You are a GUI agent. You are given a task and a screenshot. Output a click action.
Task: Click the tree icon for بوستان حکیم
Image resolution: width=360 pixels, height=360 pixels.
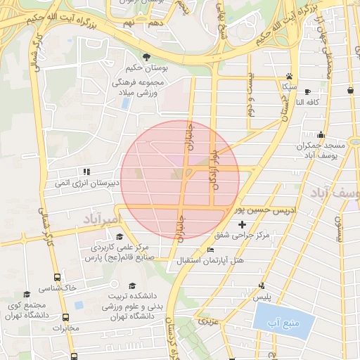pyautogui.click(x=146, y=56)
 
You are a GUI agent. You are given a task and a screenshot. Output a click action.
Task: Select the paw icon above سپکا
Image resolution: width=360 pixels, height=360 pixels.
pyautogui.click(x=288, y=76)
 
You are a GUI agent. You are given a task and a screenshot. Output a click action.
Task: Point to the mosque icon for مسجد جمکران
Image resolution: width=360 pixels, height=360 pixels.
pyautogui.click(x=321, y=135)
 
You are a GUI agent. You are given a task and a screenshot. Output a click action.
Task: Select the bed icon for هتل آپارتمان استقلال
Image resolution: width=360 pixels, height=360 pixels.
pyautogui.click(x=210, y=251)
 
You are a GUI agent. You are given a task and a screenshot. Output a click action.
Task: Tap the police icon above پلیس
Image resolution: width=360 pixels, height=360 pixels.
pyautogui.click(x=262, y=285)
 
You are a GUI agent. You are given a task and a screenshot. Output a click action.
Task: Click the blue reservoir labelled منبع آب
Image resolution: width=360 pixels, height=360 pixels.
pyautogui.click(x=281, y=324)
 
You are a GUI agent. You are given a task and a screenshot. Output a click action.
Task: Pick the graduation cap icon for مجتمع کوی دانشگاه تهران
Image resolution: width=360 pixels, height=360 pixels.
pyautogui.click(x=27, y=295)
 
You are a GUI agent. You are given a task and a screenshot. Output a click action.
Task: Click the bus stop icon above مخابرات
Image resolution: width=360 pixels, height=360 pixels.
pyautogui.click(x=65, y=317)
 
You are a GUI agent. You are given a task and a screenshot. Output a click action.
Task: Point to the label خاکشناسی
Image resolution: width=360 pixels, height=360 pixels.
pyautogui.click(x=58, y=288)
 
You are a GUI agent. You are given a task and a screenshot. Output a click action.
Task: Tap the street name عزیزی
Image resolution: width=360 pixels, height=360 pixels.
pyautogui.click(x=206, y=321)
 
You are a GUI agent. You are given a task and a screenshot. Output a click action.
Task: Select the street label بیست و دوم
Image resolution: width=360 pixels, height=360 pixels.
pyautogui.click(x=250, y=96)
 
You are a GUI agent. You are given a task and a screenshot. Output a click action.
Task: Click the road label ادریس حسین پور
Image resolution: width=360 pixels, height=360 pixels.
pyautogui.click(x=266, y=210)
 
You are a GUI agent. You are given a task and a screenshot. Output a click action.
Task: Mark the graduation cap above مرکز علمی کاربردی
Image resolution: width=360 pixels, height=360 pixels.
pyautogui.click(x=120, y=237)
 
